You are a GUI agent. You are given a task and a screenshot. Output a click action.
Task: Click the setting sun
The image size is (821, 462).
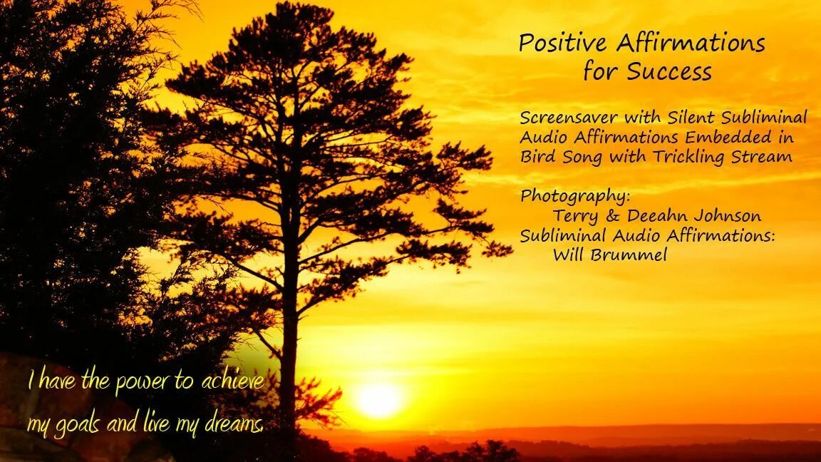[378, 400]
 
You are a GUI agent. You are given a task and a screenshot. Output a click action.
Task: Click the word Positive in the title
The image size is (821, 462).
[562, 43]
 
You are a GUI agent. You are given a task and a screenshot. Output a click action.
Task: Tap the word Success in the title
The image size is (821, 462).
[669, 72]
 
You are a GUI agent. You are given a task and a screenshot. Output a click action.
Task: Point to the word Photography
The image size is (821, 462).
[574, 196]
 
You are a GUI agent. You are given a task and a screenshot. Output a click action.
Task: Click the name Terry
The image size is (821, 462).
[576, 216]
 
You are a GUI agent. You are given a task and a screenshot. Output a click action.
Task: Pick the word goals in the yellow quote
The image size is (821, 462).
[76, 426]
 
